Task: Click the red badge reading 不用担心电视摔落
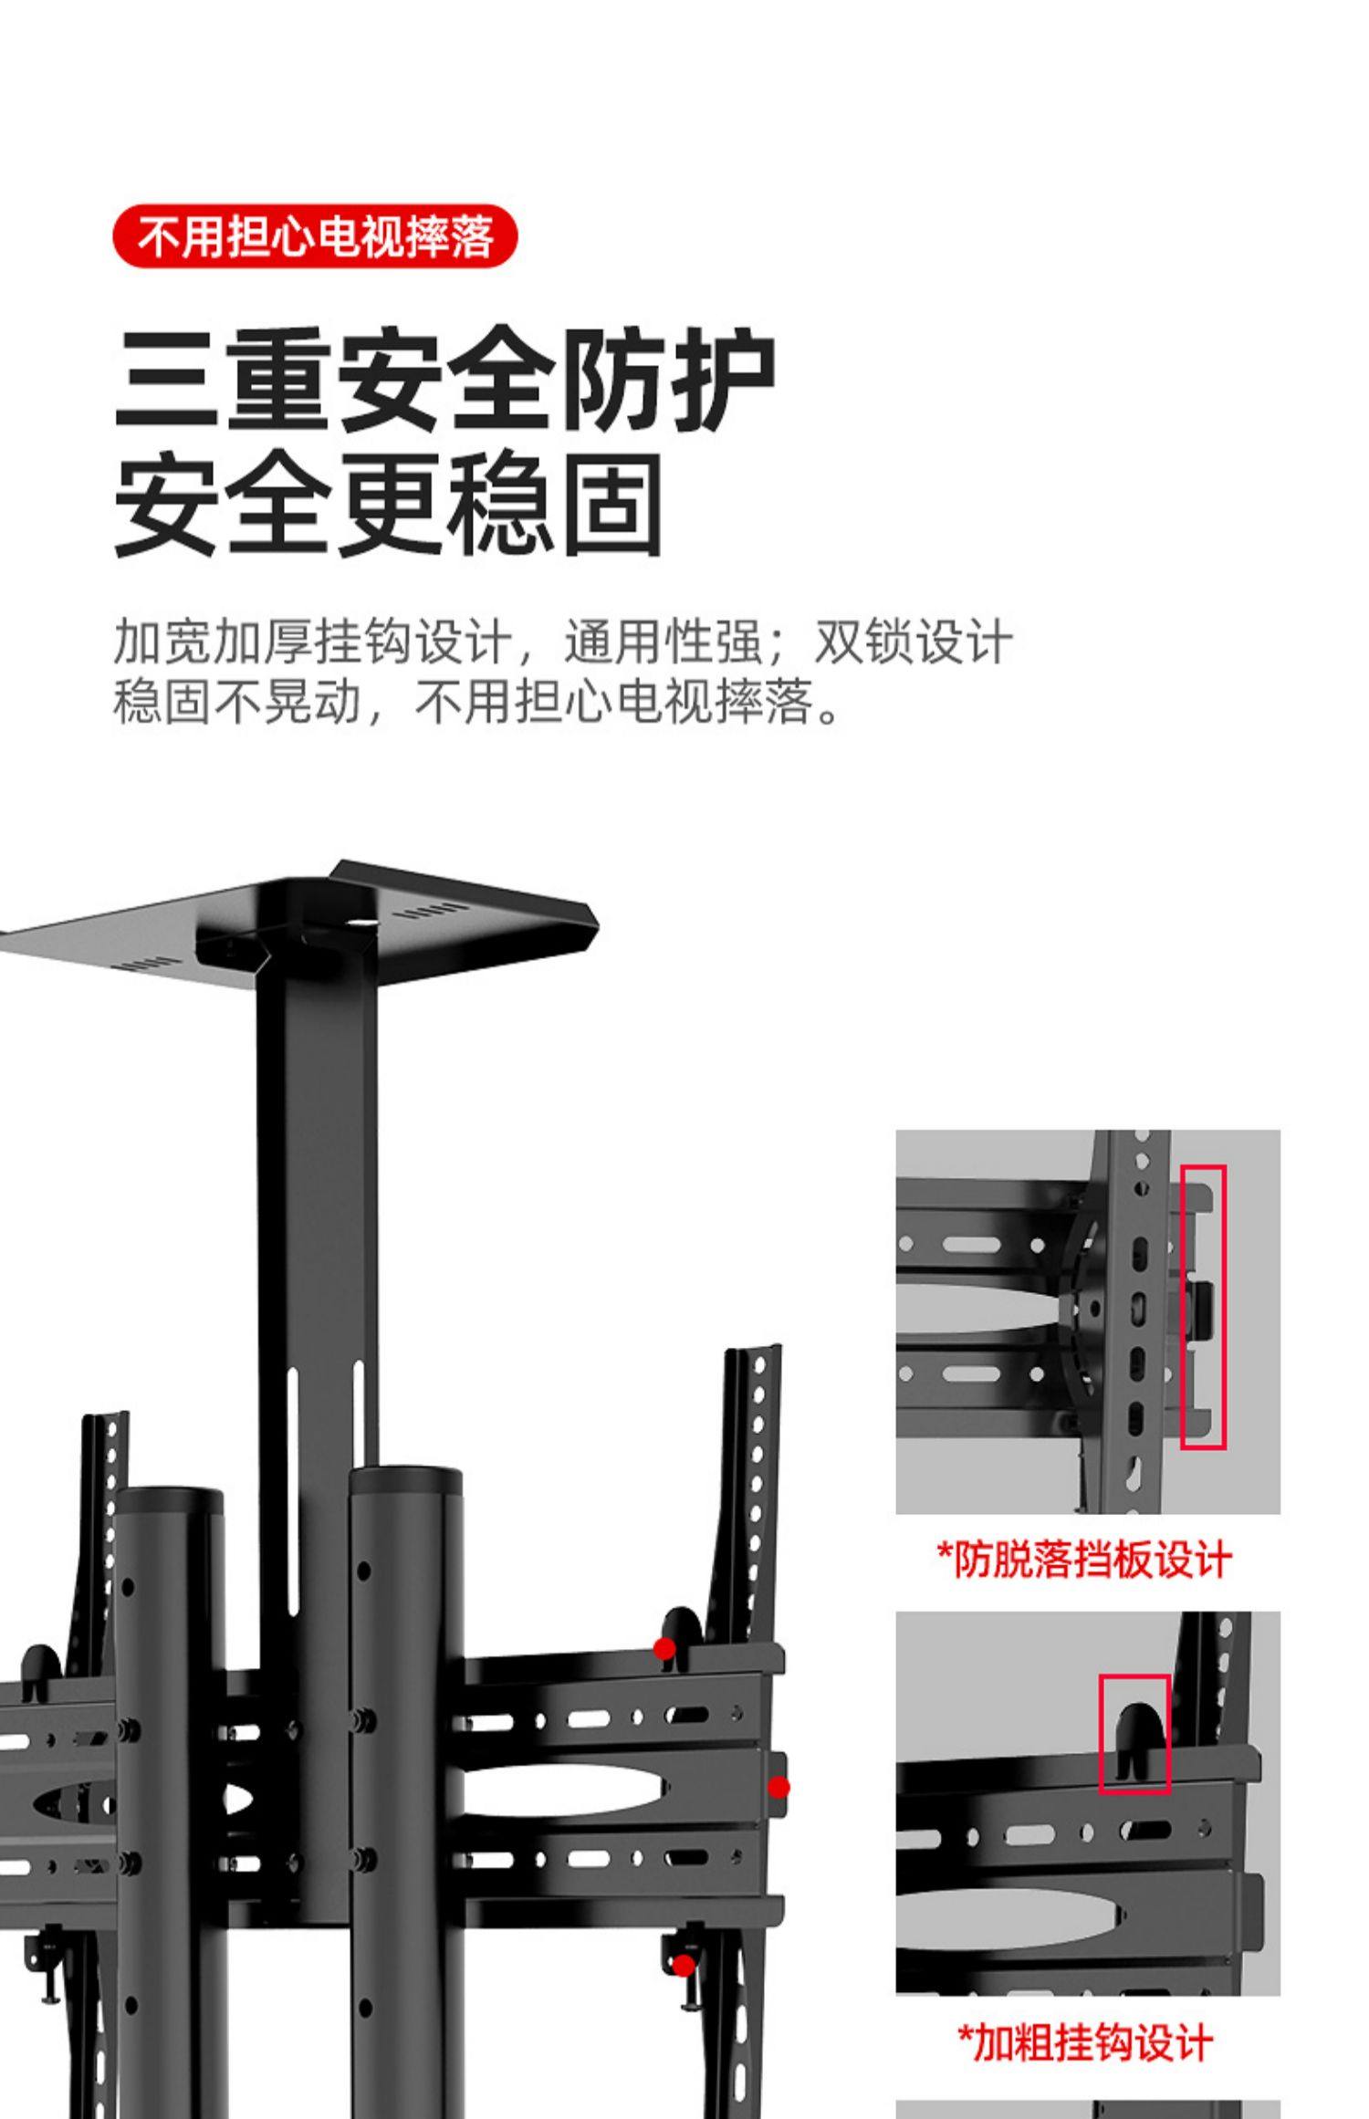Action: (x=315, y=236)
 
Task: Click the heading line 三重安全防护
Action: (x=444, y=380)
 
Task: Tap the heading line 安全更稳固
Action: (x=388, y=505)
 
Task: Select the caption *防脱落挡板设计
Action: (x=1085, y=1560)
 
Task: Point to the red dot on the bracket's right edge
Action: (x=779, y=1788)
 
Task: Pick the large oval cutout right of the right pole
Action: (x=557, y=1789)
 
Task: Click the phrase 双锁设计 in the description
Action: (x=913, y=642)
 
